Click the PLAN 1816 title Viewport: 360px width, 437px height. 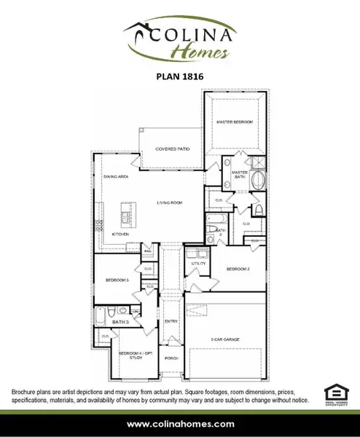[x=180, y=74]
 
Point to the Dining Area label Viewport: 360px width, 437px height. [x=116, y=177]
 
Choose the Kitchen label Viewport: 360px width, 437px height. [x=120, y=234]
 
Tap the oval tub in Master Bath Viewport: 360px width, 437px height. [x=257, y=181]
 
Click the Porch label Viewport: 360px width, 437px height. [x=171, y=358]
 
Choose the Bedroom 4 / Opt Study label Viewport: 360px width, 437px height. [x=133, y=355]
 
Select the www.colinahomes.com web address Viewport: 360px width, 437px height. [x=180, y=423]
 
